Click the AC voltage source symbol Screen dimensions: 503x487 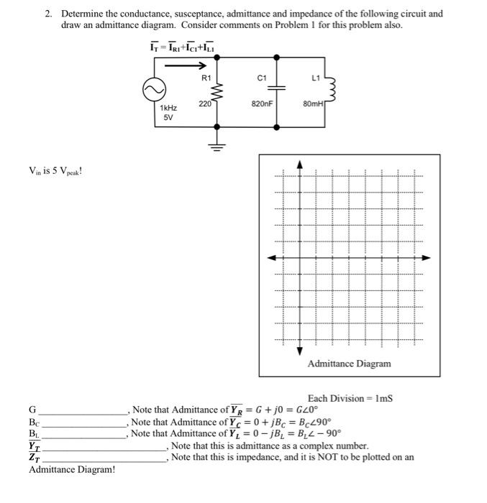click(153, 91)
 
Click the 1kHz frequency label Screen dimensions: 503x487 click(168, 107)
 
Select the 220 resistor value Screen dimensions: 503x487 click(205, 103)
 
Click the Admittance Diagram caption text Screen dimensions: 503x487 click(349, 364)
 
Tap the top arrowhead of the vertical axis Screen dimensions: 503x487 click(300, 165)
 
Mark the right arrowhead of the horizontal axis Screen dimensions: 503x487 click(426, 257)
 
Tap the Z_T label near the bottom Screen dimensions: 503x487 click(34, 457)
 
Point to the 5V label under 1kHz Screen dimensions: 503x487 click(168, 117)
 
